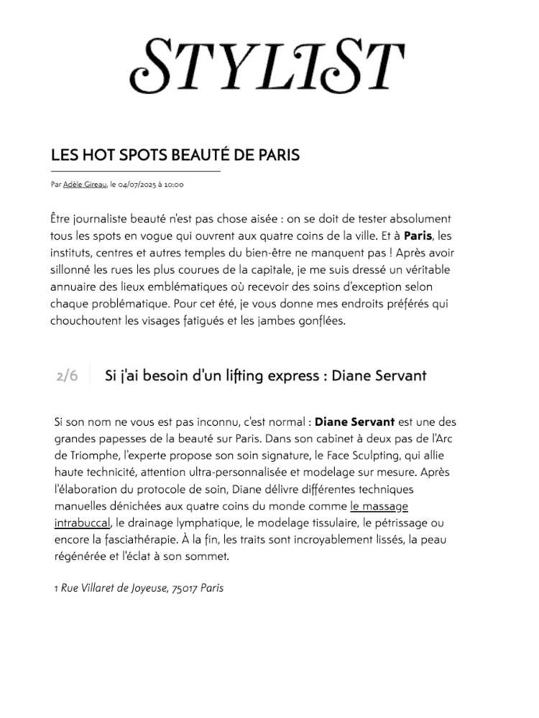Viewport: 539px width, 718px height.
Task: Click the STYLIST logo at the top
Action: (x=267, y=65)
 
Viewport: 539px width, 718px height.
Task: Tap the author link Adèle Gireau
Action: (x=85, y=185)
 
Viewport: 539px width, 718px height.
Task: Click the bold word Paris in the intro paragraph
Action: (x=418, y=236)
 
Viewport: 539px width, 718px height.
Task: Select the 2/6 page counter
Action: (x=67, y=376)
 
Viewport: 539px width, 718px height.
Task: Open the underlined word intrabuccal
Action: (x=82, y=522)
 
